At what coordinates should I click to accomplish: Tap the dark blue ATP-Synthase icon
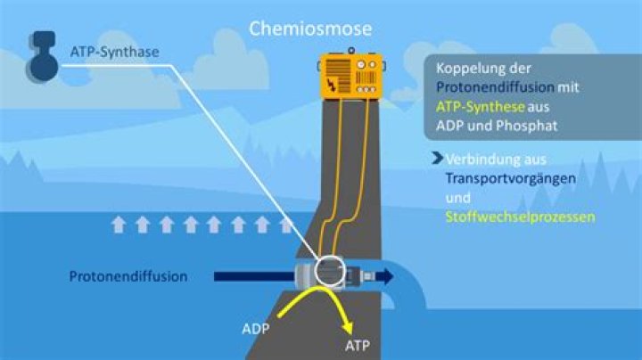pyautogui.click(x=41, y=53)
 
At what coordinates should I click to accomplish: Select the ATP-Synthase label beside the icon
pyautogui.click(x=115, y=51)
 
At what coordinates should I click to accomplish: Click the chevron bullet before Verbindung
pyautogui.click(x=437, y=159)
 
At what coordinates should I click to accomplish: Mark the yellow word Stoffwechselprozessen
pyautogui.click(x=520, y=217)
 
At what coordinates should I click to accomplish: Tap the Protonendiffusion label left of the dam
pyautogui.click(x=128, y=276)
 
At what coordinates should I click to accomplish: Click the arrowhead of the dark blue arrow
pyautogui.click(x=385, y=276)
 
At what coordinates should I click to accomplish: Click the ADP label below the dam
pyautogui.click(x=255, y=328)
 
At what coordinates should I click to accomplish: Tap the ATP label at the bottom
pyautogui.click(x=357, y=345)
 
